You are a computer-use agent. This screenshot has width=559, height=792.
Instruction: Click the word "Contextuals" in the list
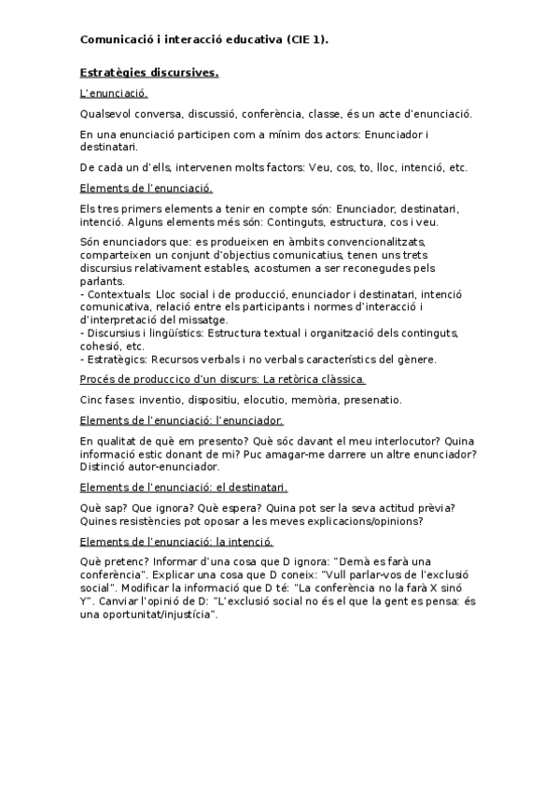[117, 293]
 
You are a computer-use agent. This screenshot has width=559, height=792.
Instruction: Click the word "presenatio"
[371, 400]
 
